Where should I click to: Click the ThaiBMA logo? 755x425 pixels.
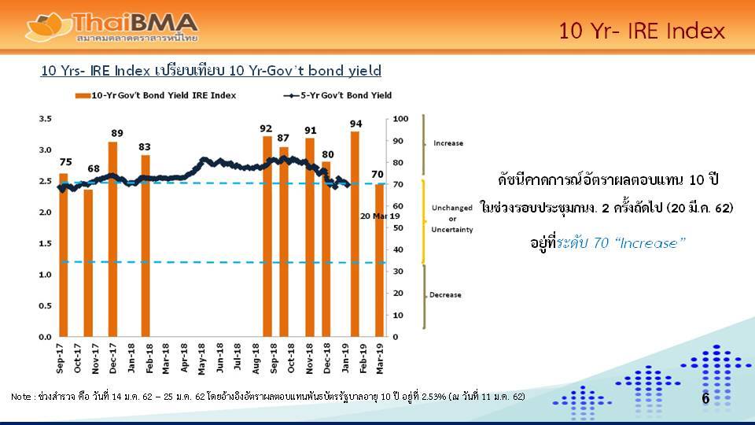tap(111, 27)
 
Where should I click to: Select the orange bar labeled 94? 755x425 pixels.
tap(355, 235)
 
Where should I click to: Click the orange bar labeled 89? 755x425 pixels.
tap(112, 239)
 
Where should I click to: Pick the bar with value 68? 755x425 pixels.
tap(88, 263)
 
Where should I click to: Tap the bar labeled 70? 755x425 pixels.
tap(380, 261)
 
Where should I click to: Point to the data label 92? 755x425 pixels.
tap(266, 128)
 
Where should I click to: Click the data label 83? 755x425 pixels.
tap(145, 147)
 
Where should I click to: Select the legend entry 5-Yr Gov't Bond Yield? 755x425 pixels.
tap(337, 95)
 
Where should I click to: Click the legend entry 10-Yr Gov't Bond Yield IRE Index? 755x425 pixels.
tap(156, 95)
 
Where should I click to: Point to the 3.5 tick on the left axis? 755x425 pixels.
tap(46, 119)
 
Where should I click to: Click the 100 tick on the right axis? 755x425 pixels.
tap(400, 119)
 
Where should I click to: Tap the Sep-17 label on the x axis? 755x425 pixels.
tap(60, 359)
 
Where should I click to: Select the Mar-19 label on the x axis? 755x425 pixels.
tap(380, 359)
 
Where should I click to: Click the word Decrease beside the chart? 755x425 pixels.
tap(445, 295)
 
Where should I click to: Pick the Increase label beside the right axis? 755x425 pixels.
tap(448, 143)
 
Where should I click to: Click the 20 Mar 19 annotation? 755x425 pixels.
tap(380, 216)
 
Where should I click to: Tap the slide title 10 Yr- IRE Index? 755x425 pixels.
tap(642, 31)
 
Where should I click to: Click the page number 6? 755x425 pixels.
tap(705, 398)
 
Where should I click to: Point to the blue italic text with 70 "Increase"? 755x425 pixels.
tap(621, 243)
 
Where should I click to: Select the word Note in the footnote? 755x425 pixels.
tap(20, 397)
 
